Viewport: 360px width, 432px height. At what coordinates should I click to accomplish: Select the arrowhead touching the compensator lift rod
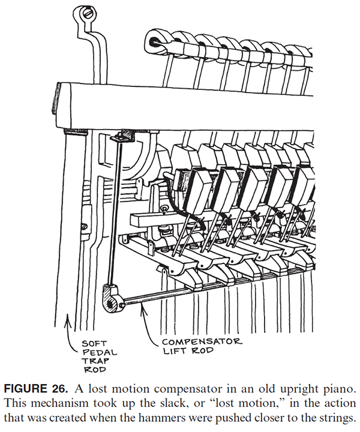[x=143, y=309]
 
